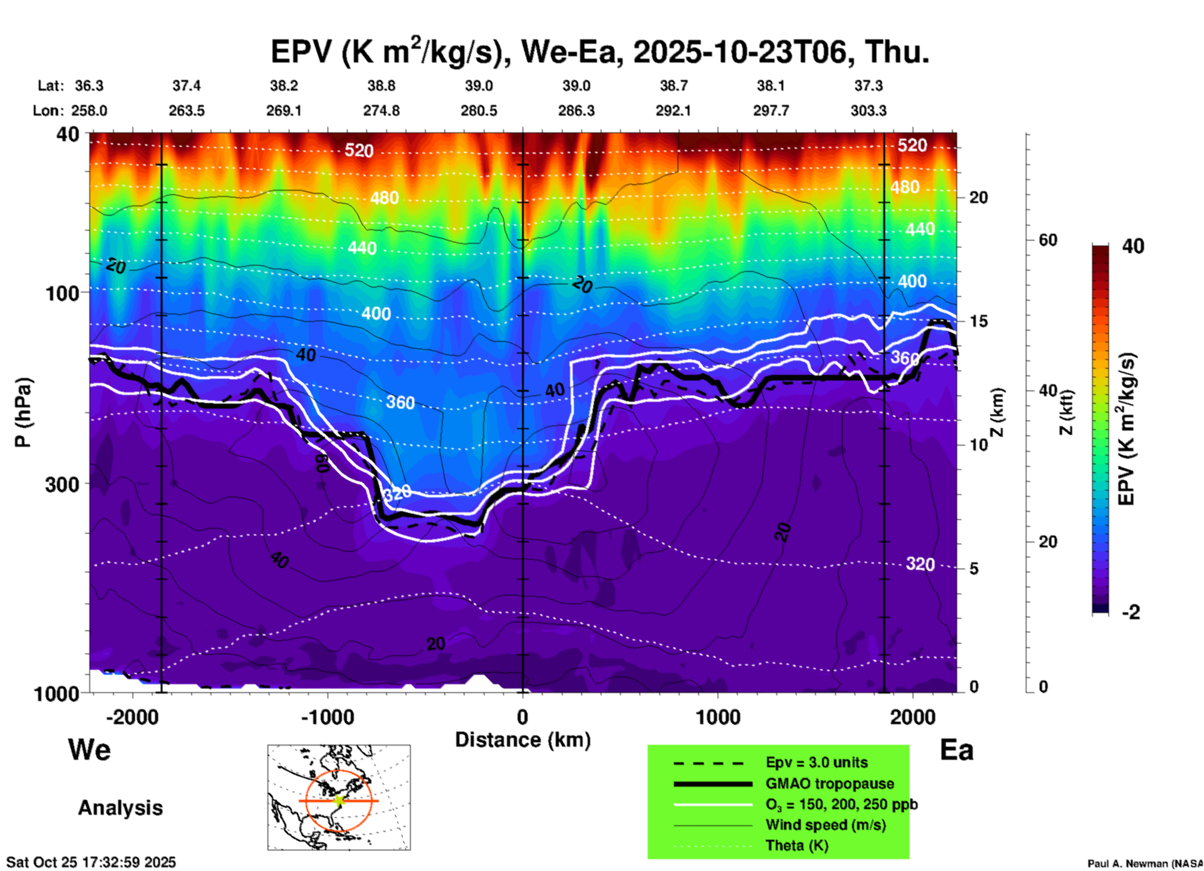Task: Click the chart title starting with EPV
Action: pyautogui.click(x=600, y=51)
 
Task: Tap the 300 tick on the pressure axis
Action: pyautogui.click(x=62, y=484)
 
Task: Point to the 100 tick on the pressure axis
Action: pyautogui.click(x=62, y=292)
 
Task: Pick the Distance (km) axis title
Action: pyautogui.click(x=523, y=740)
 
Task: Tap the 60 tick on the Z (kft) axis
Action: pyautogui.click(x=1048, y=240)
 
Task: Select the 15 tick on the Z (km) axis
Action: pyautogui.click(x=979, y=321)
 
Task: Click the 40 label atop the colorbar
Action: pyautogui.click(x=1133, y=246)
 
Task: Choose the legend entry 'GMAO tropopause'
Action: pyautogui.click(x=830, y=784)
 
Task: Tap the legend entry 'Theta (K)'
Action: pyautogui.click(x=796, y=845)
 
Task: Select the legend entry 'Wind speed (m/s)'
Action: pyautogui.click(x=825, y=825)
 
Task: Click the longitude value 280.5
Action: pyautogui.click(x=479, y=111)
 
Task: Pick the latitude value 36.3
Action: pyautogui.click(x=89, y=86)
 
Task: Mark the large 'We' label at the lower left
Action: pyautogui.click(x=89, y=750)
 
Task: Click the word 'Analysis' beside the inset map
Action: pyautogui.click(x=120, y=808)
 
